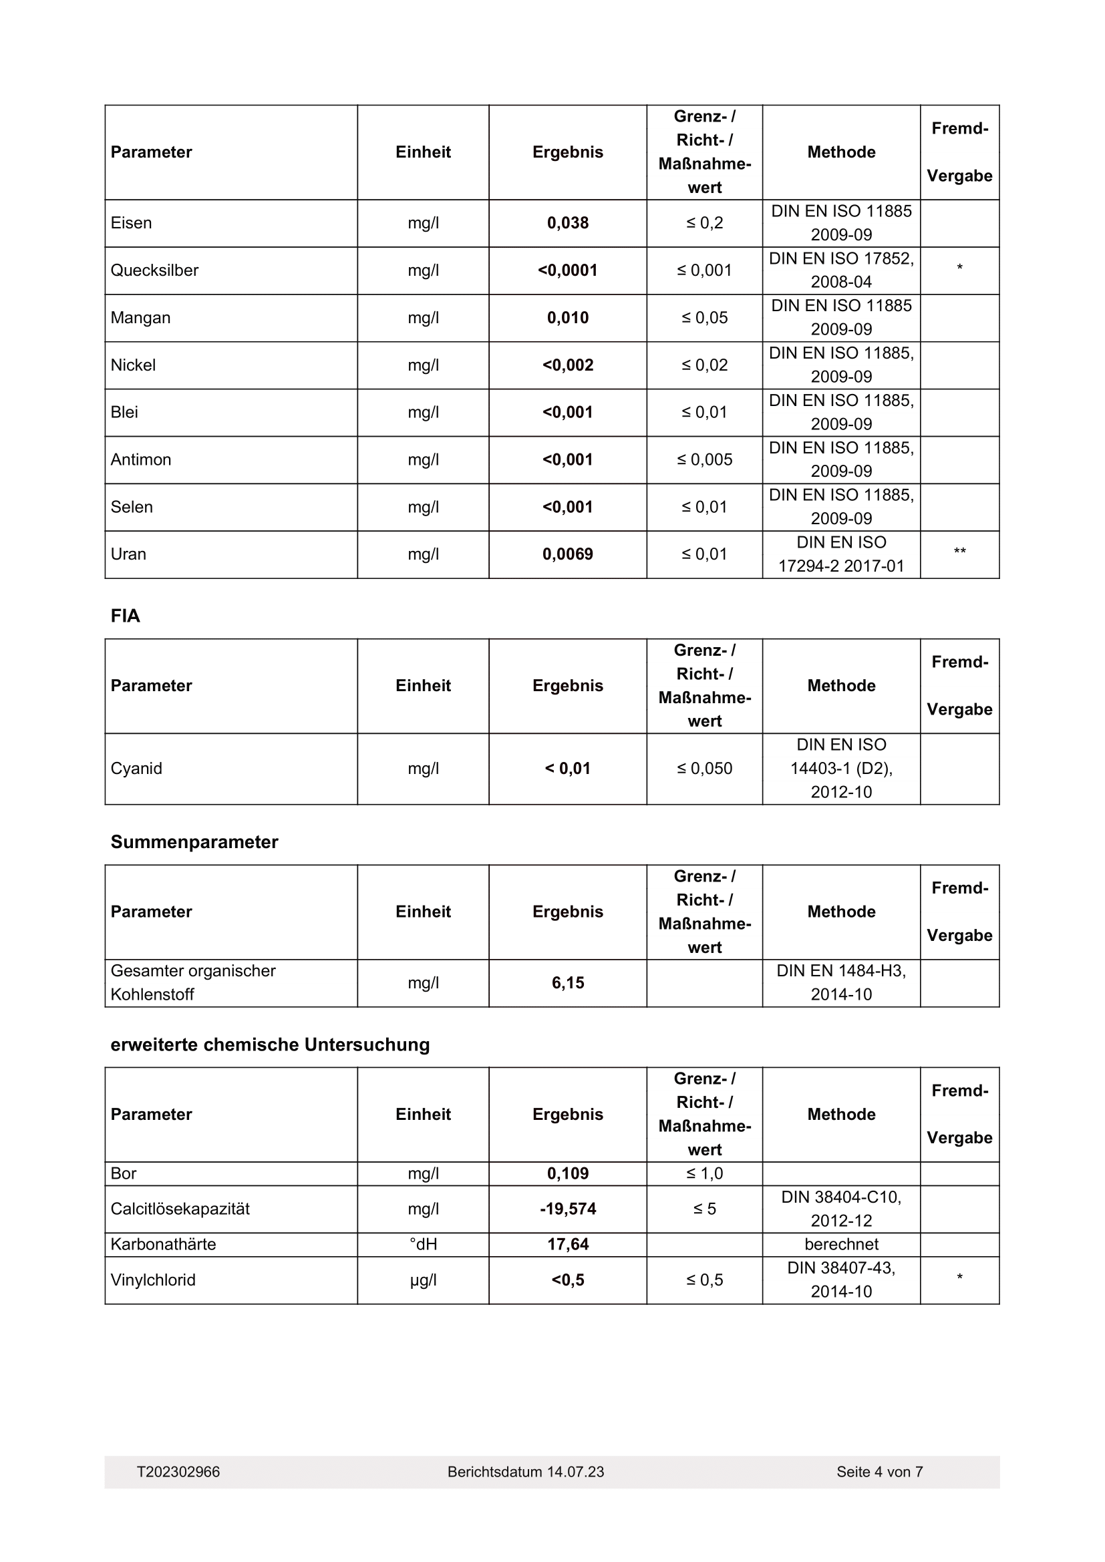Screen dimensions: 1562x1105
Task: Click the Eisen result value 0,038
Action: pos(567,223)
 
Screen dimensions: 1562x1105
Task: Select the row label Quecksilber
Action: pos(154,270)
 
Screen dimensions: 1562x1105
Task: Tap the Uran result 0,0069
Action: pos(567,554)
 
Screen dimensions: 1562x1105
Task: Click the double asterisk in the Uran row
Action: pos(959,552)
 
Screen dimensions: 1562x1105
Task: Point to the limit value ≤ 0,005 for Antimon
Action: pos(704,460)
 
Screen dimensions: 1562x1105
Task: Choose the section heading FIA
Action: pos(125,616)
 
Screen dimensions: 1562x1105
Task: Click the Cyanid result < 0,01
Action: pos(567,769)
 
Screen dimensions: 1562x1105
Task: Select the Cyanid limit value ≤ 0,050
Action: pos(704,769)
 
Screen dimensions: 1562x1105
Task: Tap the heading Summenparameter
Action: pos(194,842)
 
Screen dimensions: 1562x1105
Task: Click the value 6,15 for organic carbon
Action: pos(567,983)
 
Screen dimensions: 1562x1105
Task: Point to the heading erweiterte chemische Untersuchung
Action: pos(270,1045)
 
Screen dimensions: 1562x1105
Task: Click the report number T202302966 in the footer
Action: pos(178,1473)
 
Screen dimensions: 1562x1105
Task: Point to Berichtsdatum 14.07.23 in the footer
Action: pos(525,1473)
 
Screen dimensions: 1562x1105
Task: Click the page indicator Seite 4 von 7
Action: pos(879,1473)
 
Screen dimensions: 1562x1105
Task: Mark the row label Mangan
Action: pos(140,318)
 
